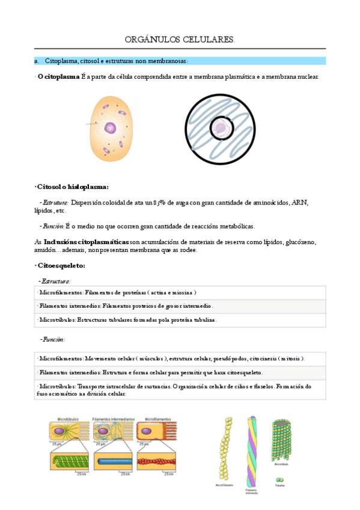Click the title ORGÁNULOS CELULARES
pos(180,40)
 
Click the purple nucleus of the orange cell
pos(110,127)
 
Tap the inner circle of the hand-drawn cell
pos(222,127)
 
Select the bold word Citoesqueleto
pos(61,265)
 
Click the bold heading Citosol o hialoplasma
pos(72,186)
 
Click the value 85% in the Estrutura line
pos(158,203)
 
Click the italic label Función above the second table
pos(53,339)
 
